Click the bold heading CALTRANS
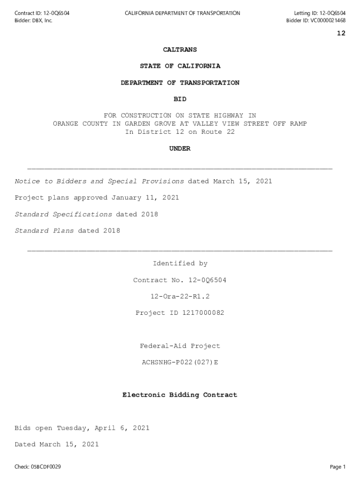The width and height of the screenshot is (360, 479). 180,50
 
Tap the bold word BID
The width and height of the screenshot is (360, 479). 180,99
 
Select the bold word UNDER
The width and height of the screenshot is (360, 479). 180,149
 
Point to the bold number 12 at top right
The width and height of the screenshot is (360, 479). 341,33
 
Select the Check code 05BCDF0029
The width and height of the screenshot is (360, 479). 46,467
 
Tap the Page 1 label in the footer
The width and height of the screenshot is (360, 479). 338,467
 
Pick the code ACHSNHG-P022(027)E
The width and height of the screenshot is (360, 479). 180,363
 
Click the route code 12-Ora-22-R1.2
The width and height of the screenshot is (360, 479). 180,297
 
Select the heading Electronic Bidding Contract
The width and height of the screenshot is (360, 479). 180,395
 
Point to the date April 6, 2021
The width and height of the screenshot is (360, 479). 122,428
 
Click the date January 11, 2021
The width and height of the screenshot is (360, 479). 145,198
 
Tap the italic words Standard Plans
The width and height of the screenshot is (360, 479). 44,231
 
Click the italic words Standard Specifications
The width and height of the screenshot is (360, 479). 64,214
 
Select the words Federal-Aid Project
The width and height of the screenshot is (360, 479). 180,346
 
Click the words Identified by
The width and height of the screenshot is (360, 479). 180,264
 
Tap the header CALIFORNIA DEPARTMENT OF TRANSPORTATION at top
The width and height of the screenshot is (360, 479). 182,13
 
